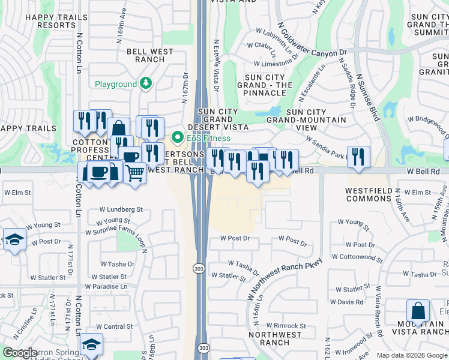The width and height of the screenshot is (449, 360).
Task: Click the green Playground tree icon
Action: pos(145,84)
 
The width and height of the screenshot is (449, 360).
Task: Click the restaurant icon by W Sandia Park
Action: pos(358,157)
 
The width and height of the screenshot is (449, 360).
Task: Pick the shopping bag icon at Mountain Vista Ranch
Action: pos(418,311)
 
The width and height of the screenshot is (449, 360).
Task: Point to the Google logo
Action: pos(20,353)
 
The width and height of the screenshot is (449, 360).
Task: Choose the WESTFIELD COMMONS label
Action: pos(368,194)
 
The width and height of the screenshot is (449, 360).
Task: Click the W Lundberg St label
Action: pos(122,210)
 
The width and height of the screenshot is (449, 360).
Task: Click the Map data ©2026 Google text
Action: pos(411,355)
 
